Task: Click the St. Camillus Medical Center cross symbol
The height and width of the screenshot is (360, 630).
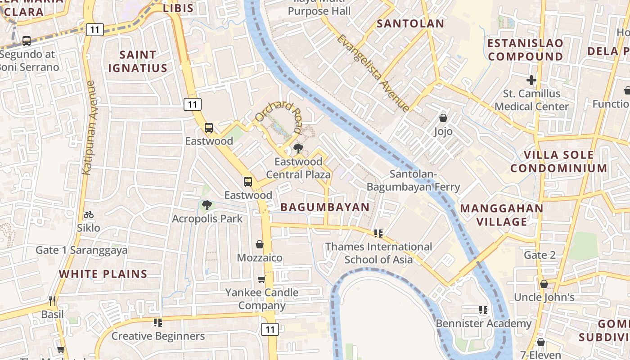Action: [x=531, y=81]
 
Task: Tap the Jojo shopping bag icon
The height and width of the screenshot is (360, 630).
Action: [x=443, y=118]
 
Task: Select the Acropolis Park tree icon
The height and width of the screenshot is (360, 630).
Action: [x=207, y=206]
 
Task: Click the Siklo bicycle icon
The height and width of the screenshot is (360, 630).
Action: [x=89, y=215]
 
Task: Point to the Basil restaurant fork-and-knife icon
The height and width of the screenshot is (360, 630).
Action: [x=52, y=301]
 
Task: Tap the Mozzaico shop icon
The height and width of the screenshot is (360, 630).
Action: [x=260, y=245]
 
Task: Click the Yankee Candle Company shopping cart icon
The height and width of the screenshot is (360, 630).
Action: [x=261, y=279]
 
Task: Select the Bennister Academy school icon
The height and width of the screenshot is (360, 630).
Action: [x=483, y=310]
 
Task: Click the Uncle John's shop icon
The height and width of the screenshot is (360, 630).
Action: [x=544, y=284]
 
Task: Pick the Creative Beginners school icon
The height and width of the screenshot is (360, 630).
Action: [x=157, y=323]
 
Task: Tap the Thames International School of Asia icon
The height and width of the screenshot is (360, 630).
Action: [x=378, y=234]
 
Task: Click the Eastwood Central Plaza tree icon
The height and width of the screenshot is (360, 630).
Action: [x=297, y=148]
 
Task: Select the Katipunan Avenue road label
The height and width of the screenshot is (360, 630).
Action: [x=88, y=128]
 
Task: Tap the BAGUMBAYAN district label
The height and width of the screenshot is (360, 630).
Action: [x=325, y=207]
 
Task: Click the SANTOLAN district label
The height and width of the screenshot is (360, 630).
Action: [x=410, y=24]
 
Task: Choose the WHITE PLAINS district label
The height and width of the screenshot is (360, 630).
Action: [x=103, y=274]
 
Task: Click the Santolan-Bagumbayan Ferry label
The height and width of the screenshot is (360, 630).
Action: [x=413, y=180]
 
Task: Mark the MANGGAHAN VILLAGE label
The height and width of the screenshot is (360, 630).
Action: [x=502, y=215]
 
